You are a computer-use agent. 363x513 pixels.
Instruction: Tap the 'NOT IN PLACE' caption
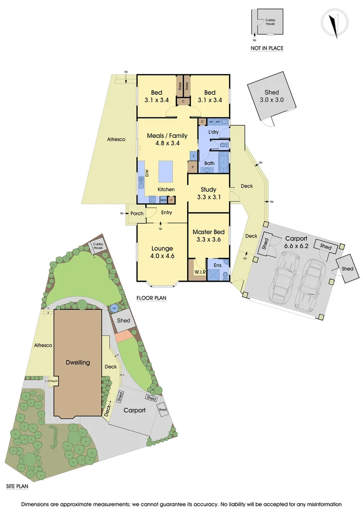click(x=267, y=48)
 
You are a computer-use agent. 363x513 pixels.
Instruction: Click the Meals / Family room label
click(x=167, y=139)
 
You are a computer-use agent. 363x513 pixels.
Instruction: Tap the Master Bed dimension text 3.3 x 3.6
click(x=209, y=240)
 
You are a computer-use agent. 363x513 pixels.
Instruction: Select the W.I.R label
click(x=200, y=272)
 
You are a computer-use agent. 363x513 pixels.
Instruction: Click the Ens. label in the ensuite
click(x=218, y=266)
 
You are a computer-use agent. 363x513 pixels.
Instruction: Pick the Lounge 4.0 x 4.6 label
click(x=162, y=252)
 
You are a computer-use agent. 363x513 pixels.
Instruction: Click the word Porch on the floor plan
click(x=137, y=213)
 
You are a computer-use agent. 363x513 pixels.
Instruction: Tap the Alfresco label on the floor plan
click(x=116, y=139)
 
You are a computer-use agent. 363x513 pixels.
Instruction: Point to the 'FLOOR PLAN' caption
click(x=151, y=298)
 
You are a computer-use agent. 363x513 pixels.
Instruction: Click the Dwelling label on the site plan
click(x=77, y=362)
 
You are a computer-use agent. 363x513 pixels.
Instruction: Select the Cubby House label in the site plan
click(x=98, y=246)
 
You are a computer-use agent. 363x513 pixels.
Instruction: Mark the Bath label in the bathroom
click(x=209, y=163)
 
